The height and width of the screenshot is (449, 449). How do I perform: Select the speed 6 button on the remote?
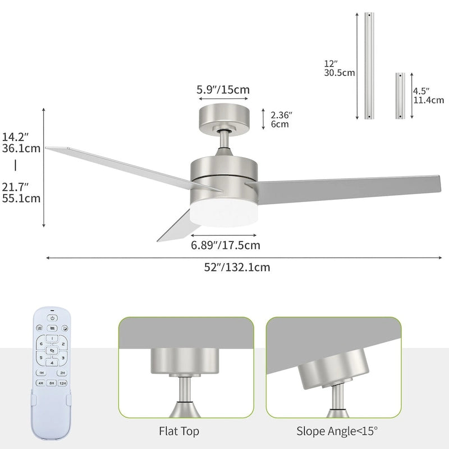coord(40,344)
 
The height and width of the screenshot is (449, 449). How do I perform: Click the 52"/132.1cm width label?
coord(236,267)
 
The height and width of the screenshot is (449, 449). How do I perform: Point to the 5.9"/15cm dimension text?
coord(223,89)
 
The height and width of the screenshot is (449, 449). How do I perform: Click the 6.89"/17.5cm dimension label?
coord(225,245)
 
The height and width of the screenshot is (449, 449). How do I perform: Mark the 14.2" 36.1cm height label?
coord(21,143)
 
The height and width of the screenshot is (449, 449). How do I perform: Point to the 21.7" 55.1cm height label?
coord(21,192)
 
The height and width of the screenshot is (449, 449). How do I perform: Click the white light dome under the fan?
coord(224,214)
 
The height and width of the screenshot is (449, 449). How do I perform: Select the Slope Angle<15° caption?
coord(337,431)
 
